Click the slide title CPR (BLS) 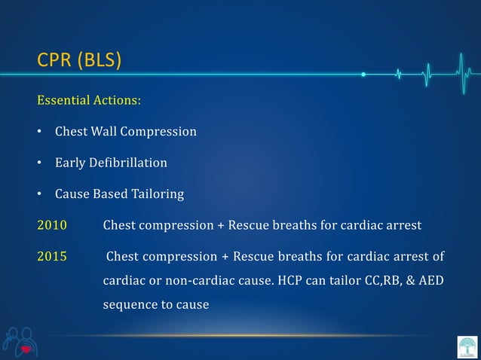tap(78, 59)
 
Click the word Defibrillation tap(129, 163)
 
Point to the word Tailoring tap(158, 194)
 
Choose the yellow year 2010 tap(52, 225)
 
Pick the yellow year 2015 tap(52, 257)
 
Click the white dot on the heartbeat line tap(363, 75)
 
